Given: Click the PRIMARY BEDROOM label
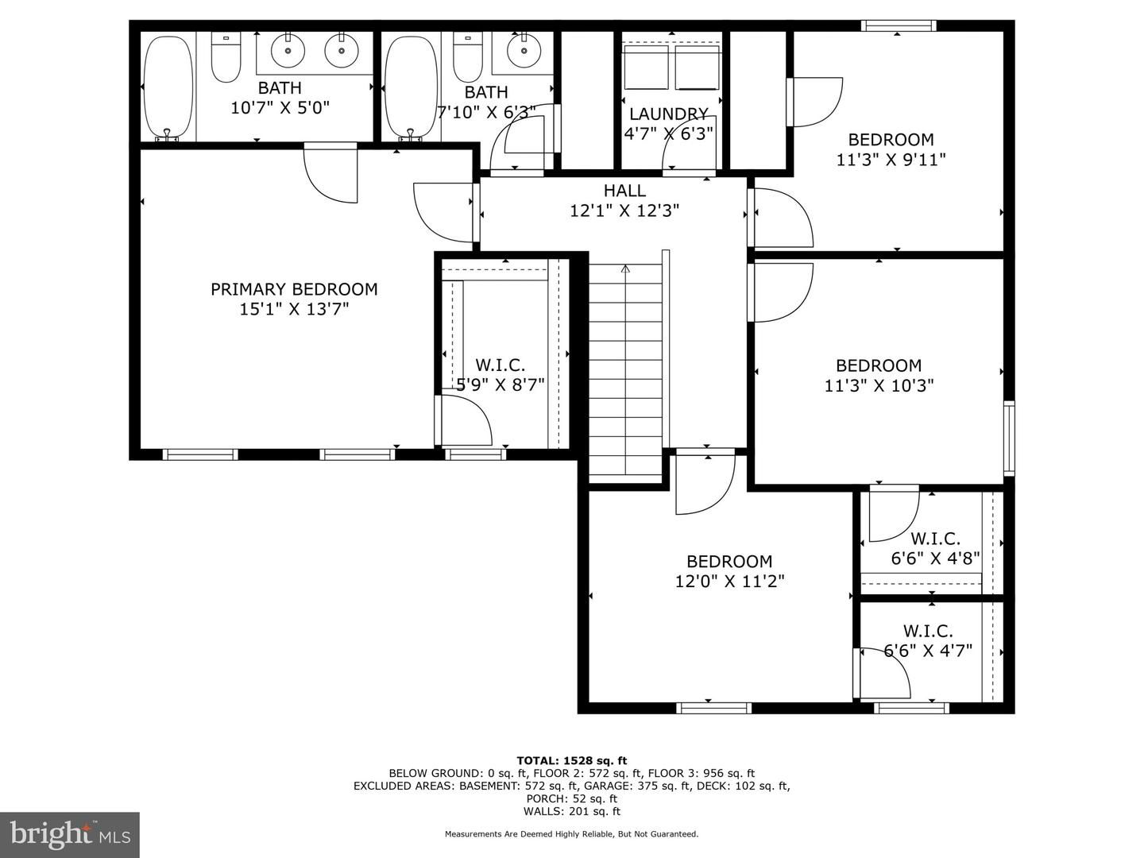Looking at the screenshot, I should coord(294,289).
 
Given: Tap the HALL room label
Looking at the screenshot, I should coord(624,191).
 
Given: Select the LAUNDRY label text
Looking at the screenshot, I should coord(668,114).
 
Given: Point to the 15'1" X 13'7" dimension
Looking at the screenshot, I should coord(294,309).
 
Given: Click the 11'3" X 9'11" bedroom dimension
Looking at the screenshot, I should coord(891,160).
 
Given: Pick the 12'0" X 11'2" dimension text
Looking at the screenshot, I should coord(729,582).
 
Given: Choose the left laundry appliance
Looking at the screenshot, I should coord(646,68).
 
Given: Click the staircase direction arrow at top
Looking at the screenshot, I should coord(625,269).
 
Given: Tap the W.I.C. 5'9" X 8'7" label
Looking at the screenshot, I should coord(500,375).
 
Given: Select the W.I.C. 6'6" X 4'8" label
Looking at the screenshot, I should coord(935,548).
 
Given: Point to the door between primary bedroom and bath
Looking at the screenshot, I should coord(331,173).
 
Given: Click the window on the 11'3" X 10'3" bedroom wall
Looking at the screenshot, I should coord(1009,439).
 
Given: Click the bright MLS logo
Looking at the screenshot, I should coord(69,834).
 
